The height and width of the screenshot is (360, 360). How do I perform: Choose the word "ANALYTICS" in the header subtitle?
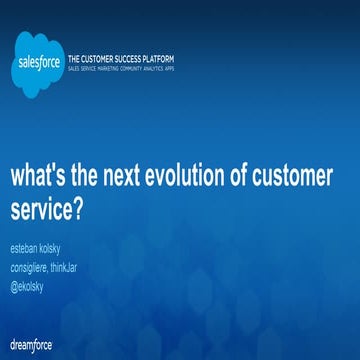(x=188, y=70)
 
